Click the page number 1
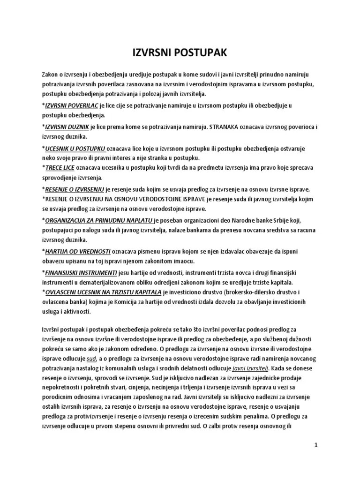(316, 445)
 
